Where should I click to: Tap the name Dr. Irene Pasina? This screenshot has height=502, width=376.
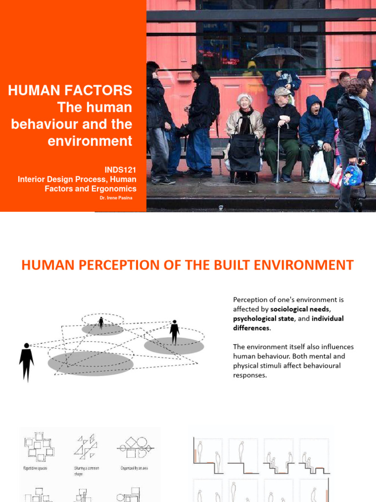tap(116, 198)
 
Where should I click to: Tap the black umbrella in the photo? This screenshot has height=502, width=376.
tap(278, 52)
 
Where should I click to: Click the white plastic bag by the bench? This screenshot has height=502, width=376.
tap(319, 169)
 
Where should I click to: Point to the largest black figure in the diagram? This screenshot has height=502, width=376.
tap(26, 362)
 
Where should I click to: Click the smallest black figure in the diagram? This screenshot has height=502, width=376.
tap(101, 322)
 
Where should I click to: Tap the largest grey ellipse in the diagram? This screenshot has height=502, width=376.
tap(91, 363)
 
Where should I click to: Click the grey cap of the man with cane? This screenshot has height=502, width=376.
tap(282, 92)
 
